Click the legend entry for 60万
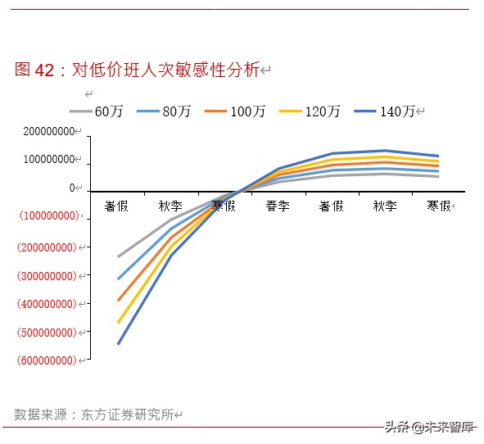point(97,111)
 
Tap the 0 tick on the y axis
point(71,188)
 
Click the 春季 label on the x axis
point(278,206)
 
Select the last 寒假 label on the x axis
point(439,206)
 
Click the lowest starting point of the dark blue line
point(118,343)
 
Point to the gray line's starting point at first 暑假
point(118,256)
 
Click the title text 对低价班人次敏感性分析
point(165,70)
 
